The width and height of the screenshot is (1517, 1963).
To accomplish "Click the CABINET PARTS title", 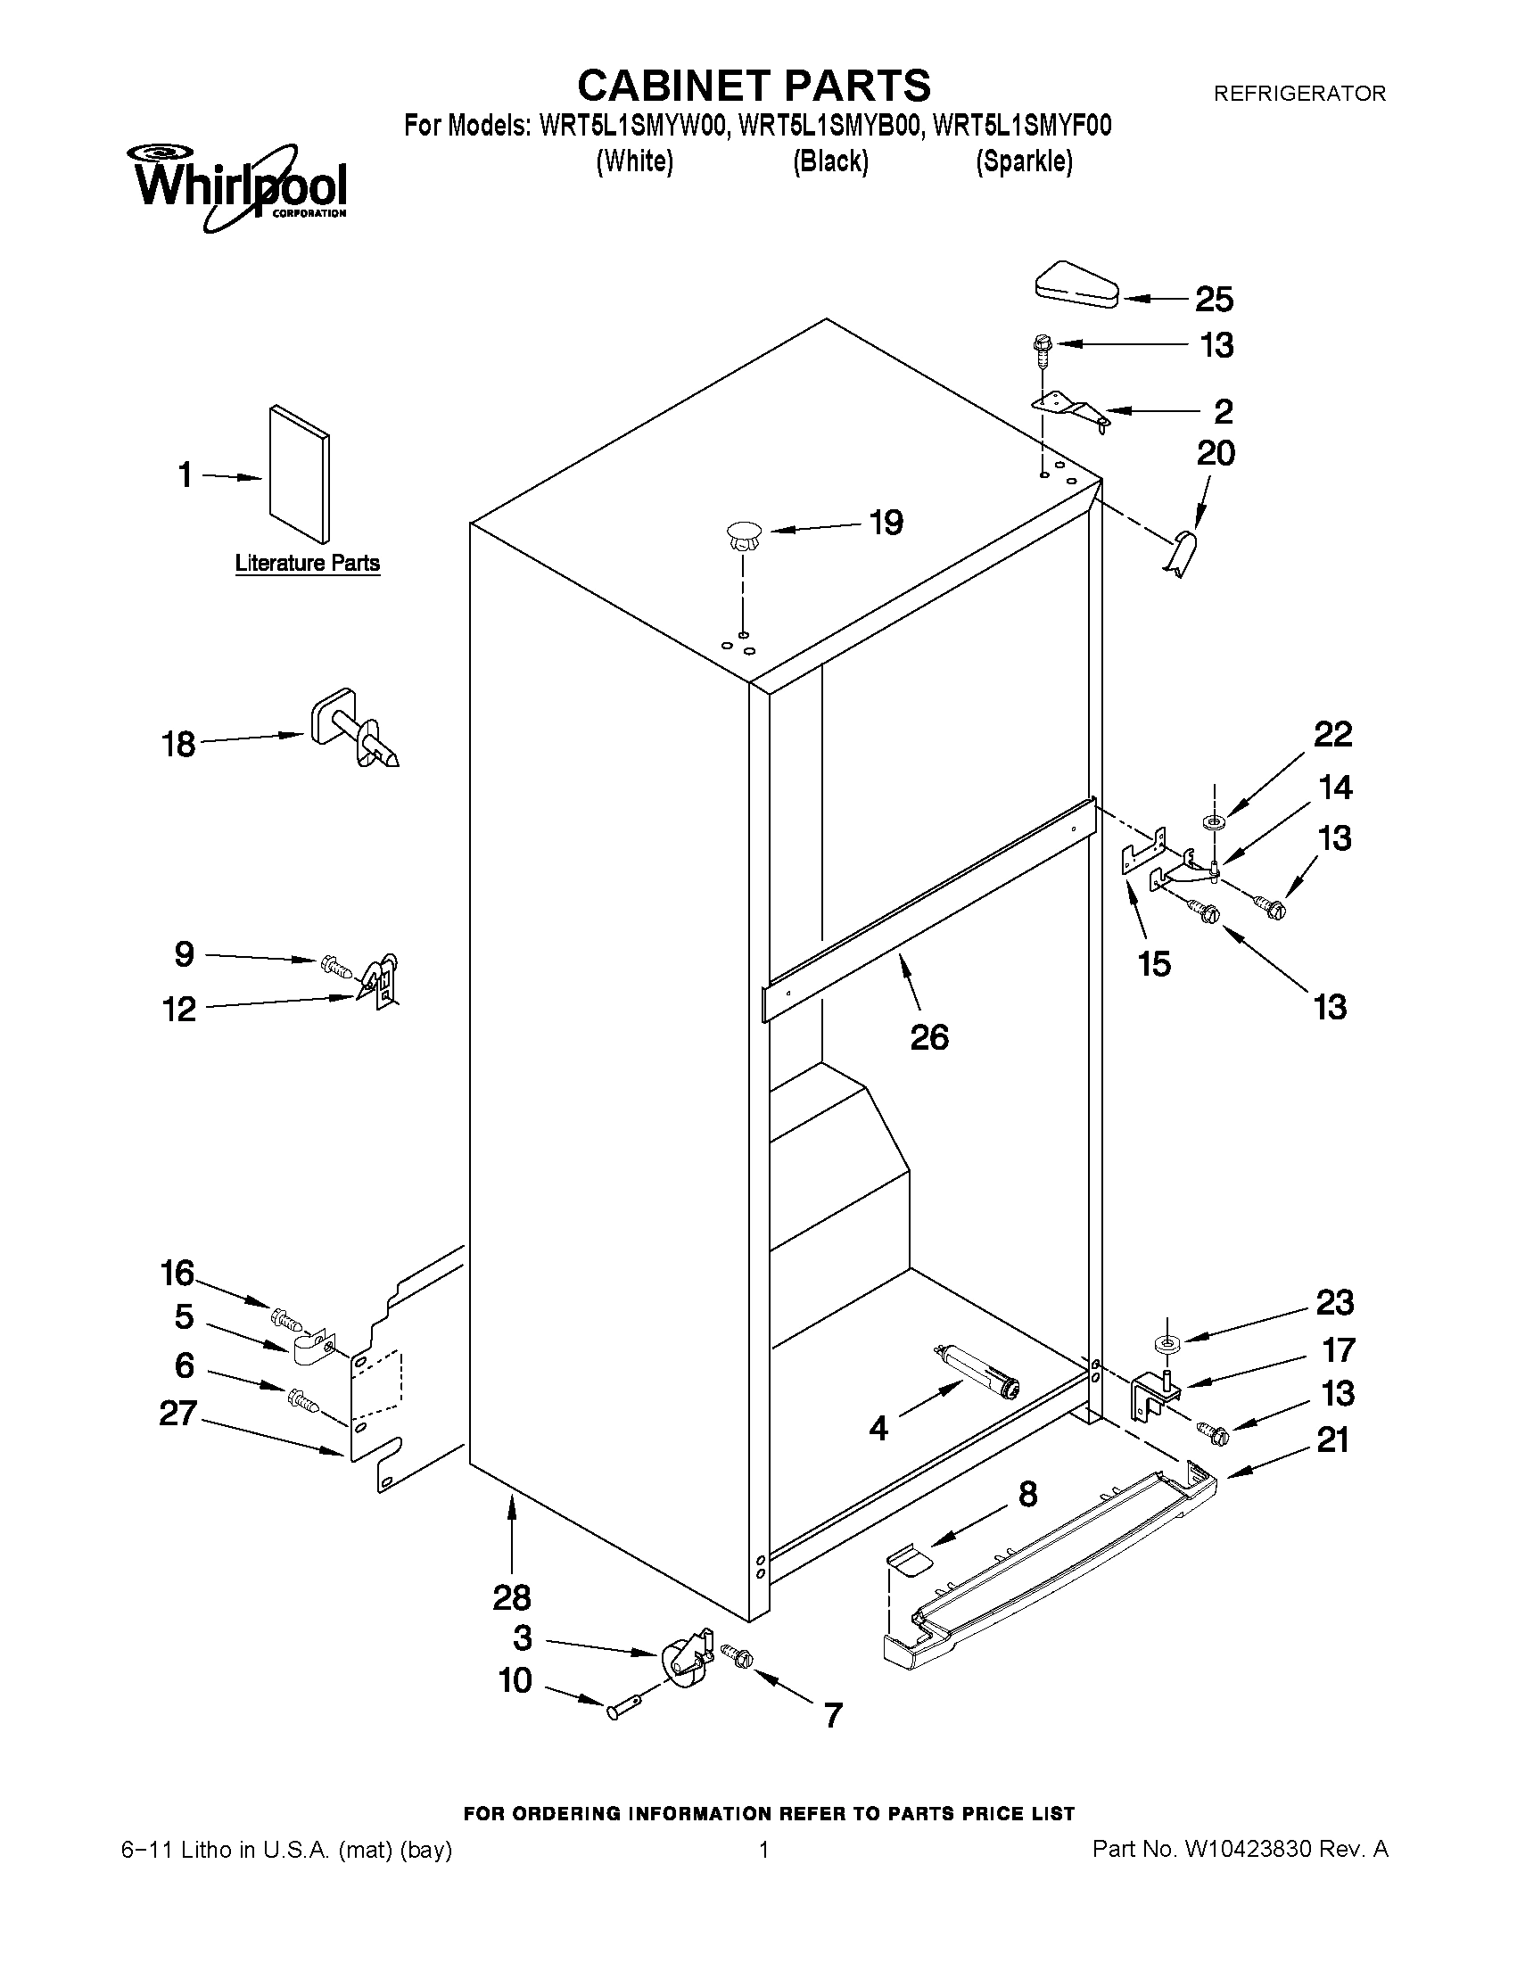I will pyautogui.click(x=753, y=86).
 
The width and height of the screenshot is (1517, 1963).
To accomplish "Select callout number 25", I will pyautogui.click(x=1213, y=300).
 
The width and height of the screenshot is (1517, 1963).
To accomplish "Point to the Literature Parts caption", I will pyautogui.click(x=308, y=564).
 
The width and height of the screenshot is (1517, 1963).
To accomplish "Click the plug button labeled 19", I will pyautogui.click(x=742, y=537).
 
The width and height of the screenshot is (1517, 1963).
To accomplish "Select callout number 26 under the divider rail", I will pyautogui.click(x=928, y=1037).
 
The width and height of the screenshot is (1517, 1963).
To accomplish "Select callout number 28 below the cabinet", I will pyautogui.click(x=511, y=1597).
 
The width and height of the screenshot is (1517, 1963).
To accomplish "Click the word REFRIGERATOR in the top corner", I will pyautogui.click(x=1299, y=94).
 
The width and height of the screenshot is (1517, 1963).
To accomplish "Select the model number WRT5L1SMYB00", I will pyautogui.click(x=829, y=127).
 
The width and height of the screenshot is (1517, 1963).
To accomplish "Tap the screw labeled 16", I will pyautogui.click(x=284, y=1321).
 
